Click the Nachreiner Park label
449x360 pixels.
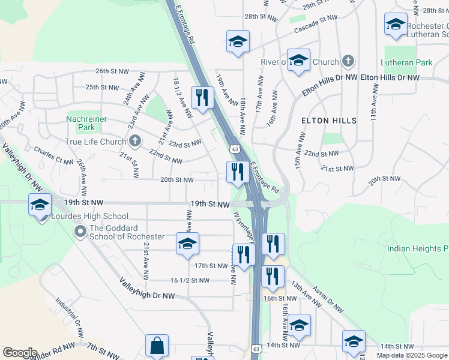tap(87, 123)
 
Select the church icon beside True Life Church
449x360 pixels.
tap(135, 141)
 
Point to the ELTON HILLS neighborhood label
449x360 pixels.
tap(328, 121)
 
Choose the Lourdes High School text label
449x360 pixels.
tap(89, 216)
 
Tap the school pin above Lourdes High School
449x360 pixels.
tap(40, 205)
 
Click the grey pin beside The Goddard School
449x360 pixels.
tap(79, 232)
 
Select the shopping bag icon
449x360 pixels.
tap(157, 346)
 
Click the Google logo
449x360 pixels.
tap(20, 353)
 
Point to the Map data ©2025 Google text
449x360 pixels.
tap(412, 355)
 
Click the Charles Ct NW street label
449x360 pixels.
tap(54, 155)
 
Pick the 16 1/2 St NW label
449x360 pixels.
tap(190, 280)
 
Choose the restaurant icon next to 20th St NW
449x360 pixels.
tap(238, 172)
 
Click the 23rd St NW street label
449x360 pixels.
tap(184, 143)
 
